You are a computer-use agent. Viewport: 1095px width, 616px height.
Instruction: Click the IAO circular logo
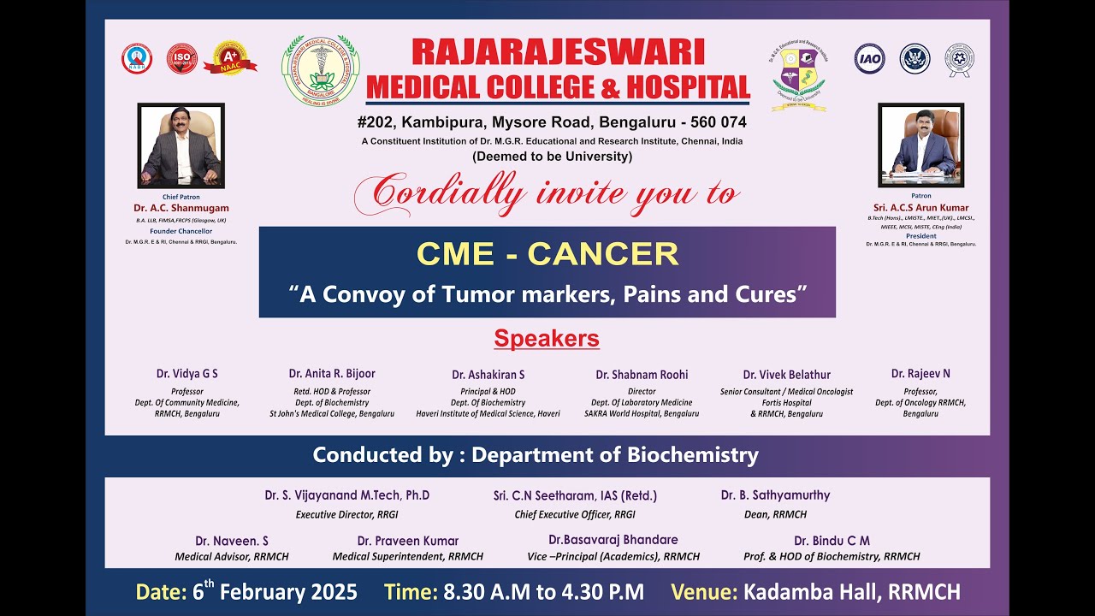[869, 58]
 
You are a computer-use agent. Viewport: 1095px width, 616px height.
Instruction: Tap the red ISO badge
[181, 58]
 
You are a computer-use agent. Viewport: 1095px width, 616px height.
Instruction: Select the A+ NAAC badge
[228, 57]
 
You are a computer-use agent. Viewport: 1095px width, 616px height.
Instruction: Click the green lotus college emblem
[321, 71]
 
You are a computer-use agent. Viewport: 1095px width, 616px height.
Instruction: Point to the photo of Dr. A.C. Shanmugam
[181, 145]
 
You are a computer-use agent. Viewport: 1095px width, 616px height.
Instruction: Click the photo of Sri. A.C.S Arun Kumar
[920, 145]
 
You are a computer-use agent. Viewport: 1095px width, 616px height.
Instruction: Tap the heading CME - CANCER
[547, 254]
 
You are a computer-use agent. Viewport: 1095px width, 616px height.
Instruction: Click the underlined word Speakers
[547, 339]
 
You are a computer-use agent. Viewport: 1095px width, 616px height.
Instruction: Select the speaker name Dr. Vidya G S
[186, 374]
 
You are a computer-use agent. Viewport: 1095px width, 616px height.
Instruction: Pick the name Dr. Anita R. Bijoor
[332, 374]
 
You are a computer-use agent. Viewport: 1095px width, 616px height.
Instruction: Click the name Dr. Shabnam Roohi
[642, 375]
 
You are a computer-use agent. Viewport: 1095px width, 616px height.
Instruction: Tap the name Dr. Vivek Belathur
[786, 375]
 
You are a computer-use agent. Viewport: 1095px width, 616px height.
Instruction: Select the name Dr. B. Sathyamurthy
[775, 495]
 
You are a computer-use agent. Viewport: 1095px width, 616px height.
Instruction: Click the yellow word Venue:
[703, 591]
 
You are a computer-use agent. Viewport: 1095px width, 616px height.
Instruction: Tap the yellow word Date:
[159, 591]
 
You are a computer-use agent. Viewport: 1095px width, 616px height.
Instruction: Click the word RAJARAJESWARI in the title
[558, 53]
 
